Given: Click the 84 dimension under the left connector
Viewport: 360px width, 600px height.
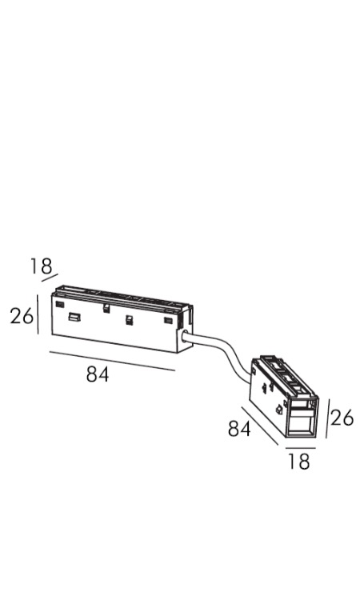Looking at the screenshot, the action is [x=98, y=374].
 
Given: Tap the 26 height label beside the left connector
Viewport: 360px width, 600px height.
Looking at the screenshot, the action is [x=22, y=316].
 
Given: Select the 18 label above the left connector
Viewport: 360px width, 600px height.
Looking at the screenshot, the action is [x=42, y=266].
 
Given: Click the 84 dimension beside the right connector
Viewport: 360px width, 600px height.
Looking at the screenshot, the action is [x=239, y=428].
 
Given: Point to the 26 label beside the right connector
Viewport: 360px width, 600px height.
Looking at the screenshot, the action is [x=342, y=418].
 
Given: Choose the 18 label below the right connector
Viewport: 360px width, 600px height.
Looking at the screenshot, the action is [x=298, y=461].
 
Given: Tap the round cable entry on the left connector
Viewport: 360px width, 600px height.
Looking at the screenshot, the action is [x=184, y=337].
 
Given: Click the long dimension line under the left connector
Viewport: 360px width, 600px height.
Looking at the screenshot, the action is [x=113, y=361].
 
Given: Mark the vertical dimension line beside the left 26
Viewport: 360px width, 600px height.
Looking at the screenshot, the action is [x=38, y=314].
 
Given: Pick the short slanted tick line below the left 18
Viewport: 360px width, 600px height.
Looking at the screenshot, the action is [x=50, y=278].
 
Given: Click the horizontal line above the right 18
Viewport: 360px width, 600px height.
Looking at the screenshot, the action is [x=300, y=447].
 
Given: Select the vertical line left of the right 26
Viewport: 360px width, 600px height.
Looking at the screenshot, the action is [x=327, y=418].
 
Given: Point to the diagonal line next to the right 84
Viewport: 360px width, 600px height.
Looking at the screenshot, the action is [x=260, y=426].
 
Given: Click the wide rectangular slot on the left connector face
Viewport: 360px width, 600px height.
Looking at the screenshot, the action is [x=74, y=317].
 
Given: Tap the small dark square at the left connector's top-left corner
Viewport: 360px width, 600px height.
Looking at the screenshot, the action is [x=59, y=304].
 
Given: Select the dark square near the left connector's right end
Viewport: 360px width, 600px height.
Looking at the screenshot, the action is [x=168, y=320].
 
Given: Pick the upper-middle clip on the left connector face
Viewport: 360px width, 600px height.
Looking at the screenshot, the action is [x=106, y=308].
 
